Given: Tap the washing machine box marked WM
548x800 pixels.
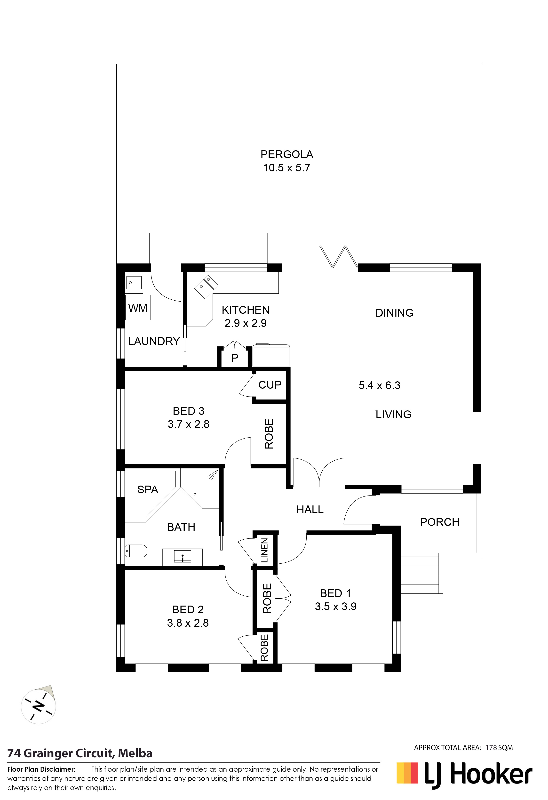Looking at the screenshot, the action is [138, 307].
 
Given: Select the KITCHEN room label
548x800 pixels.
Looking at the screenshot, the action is [246, 310].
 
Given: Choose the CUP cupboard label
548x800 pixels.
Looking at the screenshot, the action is [270, 384].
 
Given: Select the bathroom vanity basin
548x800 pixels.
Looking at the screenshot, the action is [183, 557].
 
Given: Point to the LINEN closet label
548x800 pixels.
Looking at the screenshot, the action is [264, 551].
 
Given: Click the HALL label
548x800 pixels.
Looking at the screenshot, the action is [310, 510].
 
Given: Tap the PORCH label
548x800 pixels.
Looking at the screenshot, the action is [440, 522].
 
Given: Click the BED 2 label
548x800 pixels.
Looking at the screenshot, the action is [188, 610].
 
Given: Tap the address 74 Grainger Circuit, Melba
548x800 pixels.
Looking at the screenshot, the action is [80, 753].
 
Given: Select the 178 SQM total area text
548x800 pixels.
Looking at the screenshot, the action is [499, 748].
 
